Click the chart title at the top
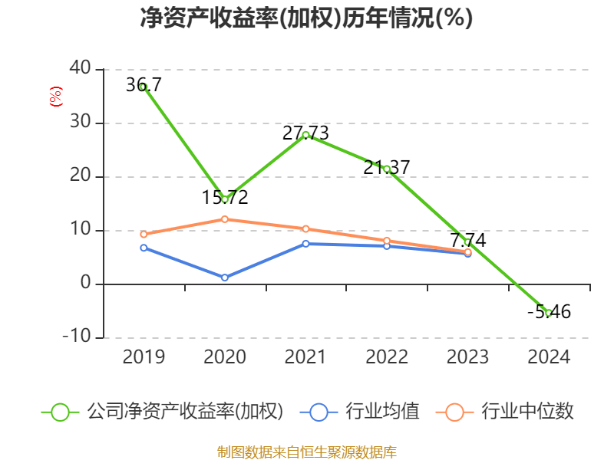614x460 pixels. tap(306, 18)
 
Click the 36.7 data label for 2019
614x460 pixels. tap(144, 85)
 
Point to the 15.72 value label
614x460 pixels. tap(225, 197)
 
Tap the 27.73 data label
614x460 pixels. tap(305, 133)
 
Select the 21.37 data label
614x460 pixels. tap(387, 166)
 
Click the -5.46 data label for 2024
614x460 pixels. tap(549, 311)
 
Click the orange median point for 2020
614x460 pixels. tap(225, 219)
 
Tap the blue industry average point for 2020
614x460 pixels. tap(225, 278)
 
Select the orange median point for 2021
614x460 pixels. tap(305, 228)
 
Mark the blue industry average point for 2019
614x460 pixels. tap(144, 248)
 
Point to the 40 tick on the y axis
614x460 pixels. tap(81, 69)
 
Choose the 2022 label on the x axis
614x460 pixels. tap(387, 357)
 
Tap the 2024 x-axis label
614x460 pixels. tap(549, 357)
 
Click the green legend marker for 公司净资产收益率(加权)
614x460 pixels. tap(61, 412)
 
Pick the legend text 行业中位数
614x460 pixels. tap(527, 412)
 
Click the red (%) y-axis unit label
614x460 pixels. tap(54, 96)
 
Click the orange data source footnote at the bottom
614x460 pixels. tap(306, 452)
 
